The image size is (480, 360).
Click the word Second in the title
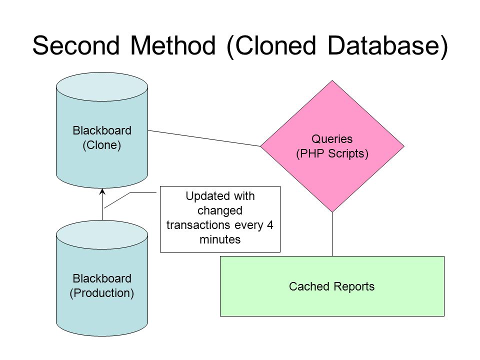point(76,45)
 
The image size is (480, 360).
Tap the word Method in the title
point(173,45)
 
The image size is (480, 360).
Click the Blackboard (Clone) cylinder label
point(102,138)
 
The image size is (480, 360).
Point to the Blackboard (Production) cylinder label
point(102,285)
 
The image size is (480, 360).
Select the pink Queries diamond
point(332,146)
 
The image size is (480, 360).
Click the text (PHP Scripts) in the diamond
point(332,153)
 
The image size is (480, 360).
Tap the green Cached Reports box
point(332,286)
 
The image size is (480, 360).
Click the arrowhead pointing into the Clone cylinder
point(102,191)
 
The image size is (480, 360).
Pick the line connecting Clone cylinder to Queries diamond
point(204,138)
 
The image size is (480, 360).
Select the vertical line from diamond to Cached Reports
point(332,234)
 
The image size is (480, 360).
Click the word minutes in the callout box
point(220,239)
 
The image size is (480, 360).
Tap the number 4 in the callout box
point(269,225)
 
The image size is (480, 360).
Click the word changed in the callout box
point(220,210)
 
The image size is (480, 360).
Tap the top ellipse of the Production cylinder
point(102,235)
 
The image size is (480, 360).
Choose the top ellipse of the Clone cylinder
point(102,87)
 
